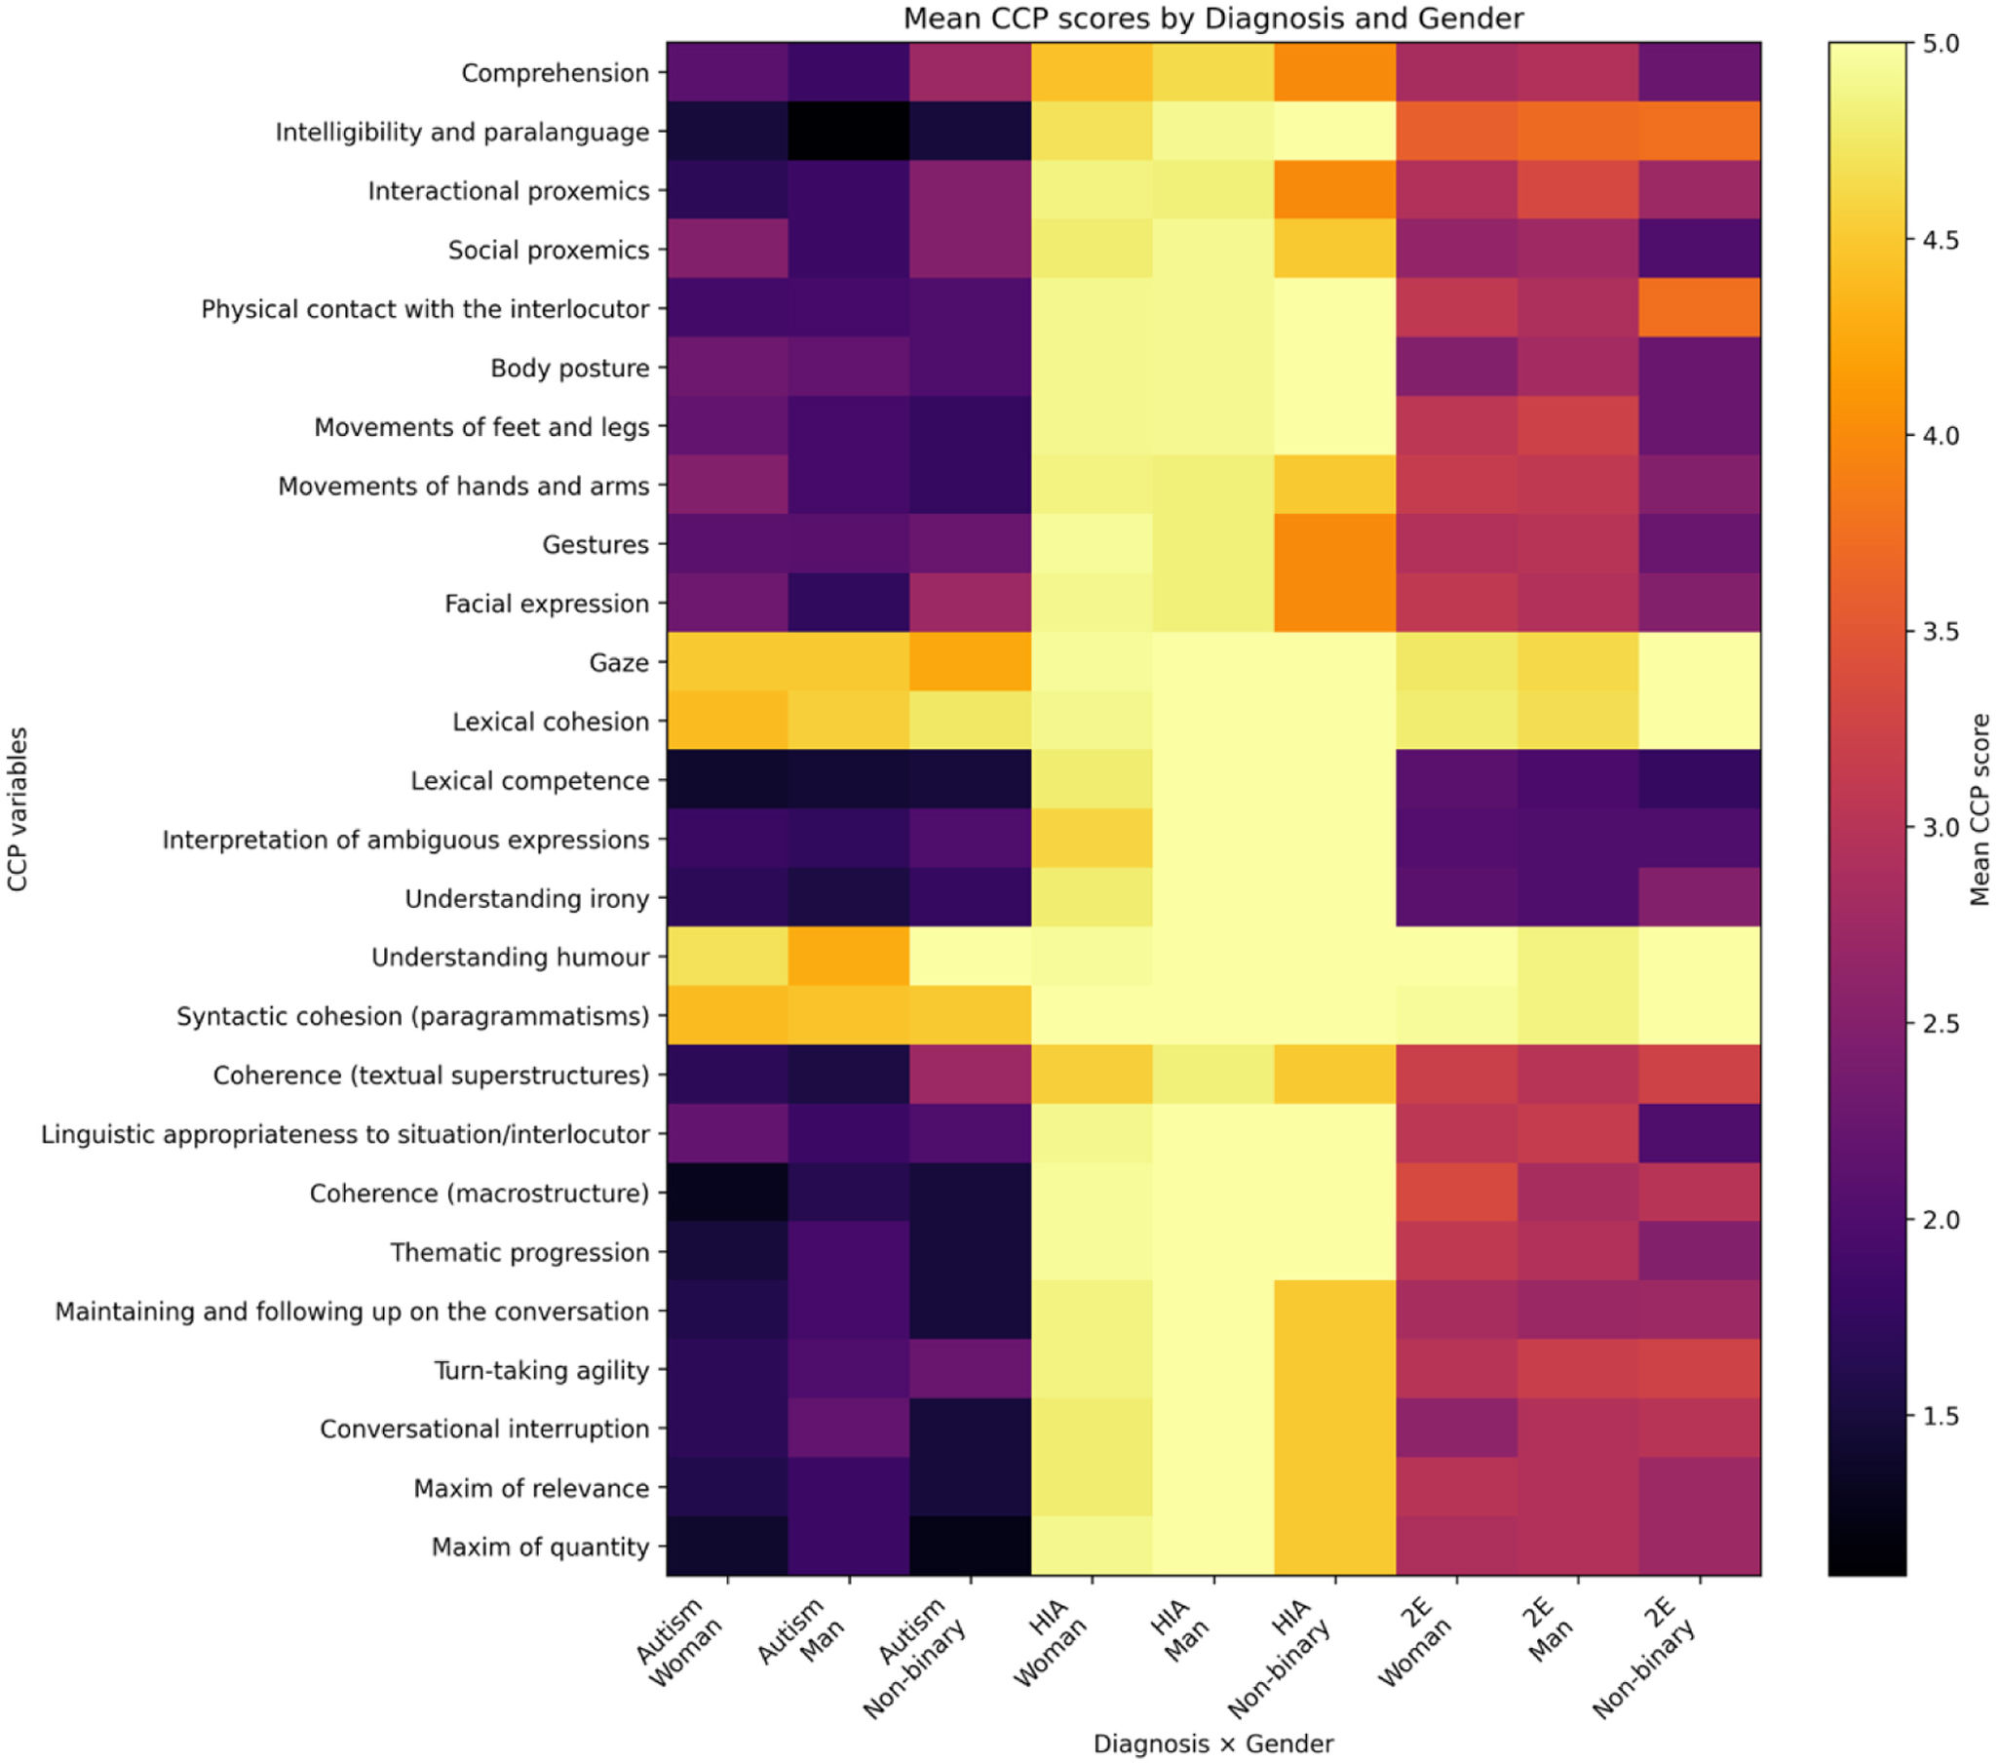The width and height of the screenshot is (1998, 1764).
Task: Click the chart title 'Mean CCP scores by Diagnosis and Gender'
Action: click(x=1213, y=19)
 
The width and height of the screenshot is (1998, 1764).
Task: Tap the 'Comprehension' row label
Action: click(x=555, y=73)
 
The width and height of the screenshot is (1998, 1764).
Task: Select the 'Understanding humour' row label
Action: click(x=511, y=958)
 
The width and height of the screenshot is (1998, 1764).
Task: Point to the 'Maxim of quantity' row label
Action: click(x=540, y=1547)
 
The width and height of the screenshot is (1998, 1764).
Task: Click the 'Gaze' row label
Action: click(x=619, y=663)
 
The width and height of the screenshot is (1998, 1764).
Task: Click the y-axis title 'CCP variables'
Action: click(x=18, y=809)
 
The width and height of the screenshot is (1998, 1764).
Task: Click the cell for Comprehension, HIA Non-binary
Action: click(x=1334, y=72)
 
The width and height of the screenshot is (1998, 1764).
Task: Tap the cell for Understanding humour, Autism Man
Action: click(x=849, y=957)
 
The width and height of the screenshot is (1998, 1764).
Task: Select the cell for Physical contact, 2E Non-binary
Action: click(x=1700, y=308)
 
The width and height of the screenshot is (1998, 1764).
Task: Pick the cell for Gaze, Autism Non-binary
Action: click(x=970, y=662)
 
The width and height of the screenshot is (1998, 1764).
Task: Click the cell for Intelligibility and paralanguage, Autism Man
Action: click(x=849, y=131)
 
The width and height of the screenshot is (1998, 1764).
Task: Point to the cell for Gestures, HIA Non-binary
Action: click(x=1334, y=544)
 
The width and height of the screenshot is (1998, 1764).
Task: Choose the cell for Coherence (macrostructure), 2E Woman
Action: click(x=1456, y=1192)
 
